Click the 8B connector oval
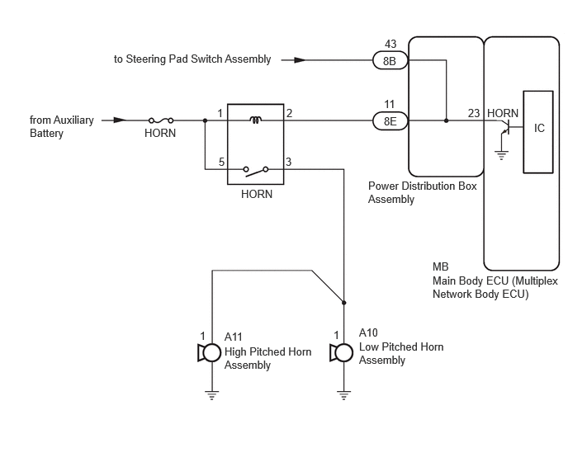tap(390, 60)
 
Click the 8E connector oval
tap(390, 121)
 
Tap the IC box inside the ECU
tap(538, 132)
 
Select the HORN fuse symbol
tap(161, 120)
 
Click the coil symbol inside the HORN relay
tap(256, 120)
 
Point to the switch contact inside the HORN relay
tap(256, 171)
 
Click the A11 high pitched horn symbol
tap(210, 353)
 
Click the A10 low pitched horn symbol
tap(341, 353)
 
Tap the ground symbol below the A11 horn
tap(212, 395)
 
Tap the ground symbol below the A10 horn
tap(343, 395)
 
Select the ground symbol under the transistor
tap(501, 155)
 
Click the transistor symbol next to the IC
tap(506, 127)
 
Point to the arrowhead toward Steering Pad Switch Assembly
tap(300, 60)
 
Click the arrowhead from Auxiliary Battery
tap(121, 120)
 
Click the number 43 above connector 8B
tap(390, 44)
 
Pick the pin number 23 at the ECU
tap(473, 113)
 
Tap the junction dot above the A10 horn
tap(343, 302)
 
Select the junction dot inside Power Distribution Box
tap(446, 120)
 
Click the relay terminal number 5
tap(221, 162)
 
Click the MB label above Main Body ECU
tap(441, 266)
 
